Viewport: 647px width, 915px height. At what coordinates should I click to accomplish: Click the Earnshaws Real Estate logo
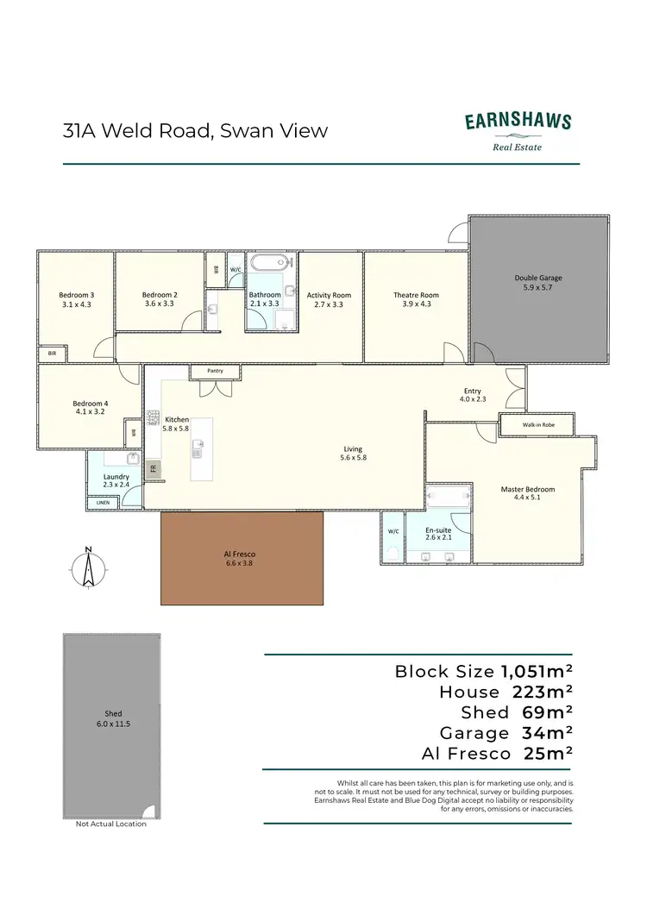(x=518, y=129)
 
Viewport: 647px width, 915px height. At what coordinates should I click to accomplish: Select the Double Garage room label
(x=538, y=278)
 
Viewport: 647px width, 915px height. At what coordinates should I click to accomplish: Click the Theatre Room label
(x=416, y=295)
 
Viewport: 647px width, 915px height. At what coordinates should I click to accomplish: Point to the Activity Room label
(x=330, y=295)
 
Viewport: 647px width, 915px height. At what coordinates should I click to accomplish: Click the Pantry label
(x=215, y=371)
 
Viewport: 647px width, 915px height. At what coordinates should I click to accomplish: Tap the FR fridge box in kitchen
(x=154, y=469)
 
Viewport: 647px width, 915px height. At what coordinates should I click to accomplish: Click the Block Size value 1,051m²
(x=537, y=671)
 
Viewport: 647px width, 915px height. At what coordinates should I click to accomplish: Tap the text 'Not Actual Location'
(x=111, y=824)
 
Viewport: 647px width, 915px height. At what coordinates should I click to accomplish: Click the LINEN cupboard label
(x=103, y=502)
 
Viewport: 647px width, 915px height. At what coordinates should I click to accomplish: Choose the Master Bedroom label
(x=527, y=489)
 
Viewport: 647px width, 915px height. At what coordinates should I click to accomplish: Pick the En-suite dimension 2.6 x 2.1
(x=438, y=537)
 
